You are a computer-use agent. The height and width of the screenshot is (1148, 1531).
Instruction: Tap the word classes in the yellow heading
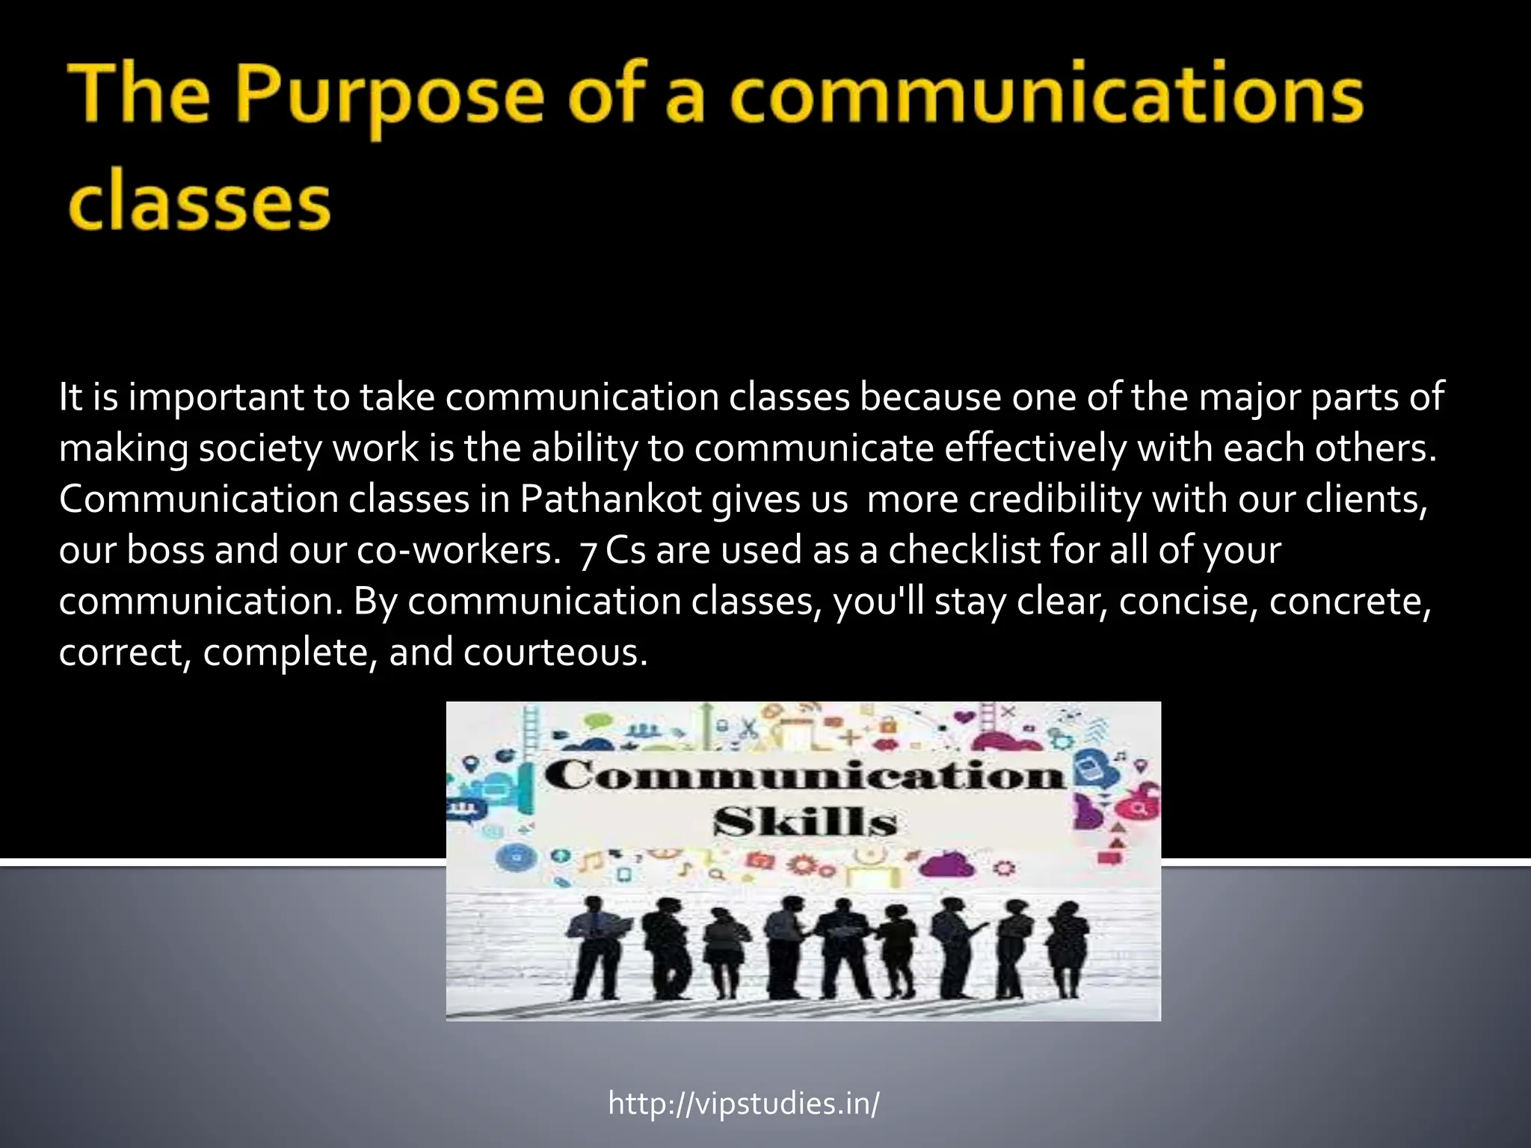(x=199, y=203)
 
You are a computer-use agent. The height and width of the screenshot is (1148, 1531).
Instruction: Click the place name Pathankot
(x=611, y=499)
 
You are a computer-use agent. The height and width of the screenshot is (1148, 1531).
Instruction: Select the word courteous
(x=555, y=652)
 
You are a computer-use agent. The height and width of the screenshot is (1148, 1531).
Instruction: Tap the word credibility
(x=1056, y=499)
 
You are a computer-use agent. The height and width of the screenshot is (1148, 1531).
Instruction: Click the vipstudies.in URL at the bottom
(x=744, y=1103)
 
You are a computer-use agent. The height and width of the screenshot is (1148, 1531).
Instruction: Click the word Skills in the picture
(x=804, y=822)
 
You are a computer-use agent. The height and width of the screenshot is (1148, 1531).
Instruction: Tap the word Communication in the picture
(x=804, y=775)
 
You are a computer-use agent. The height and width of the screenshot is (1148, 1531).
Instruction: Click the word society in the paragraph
(x=259, y=448)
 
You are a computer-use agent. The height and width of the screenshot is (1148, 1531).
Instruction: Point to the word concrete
(x=1349, y=602)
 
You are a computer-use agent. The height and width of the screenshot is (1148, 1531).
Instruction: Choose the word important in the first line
(x=216, y=398)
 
